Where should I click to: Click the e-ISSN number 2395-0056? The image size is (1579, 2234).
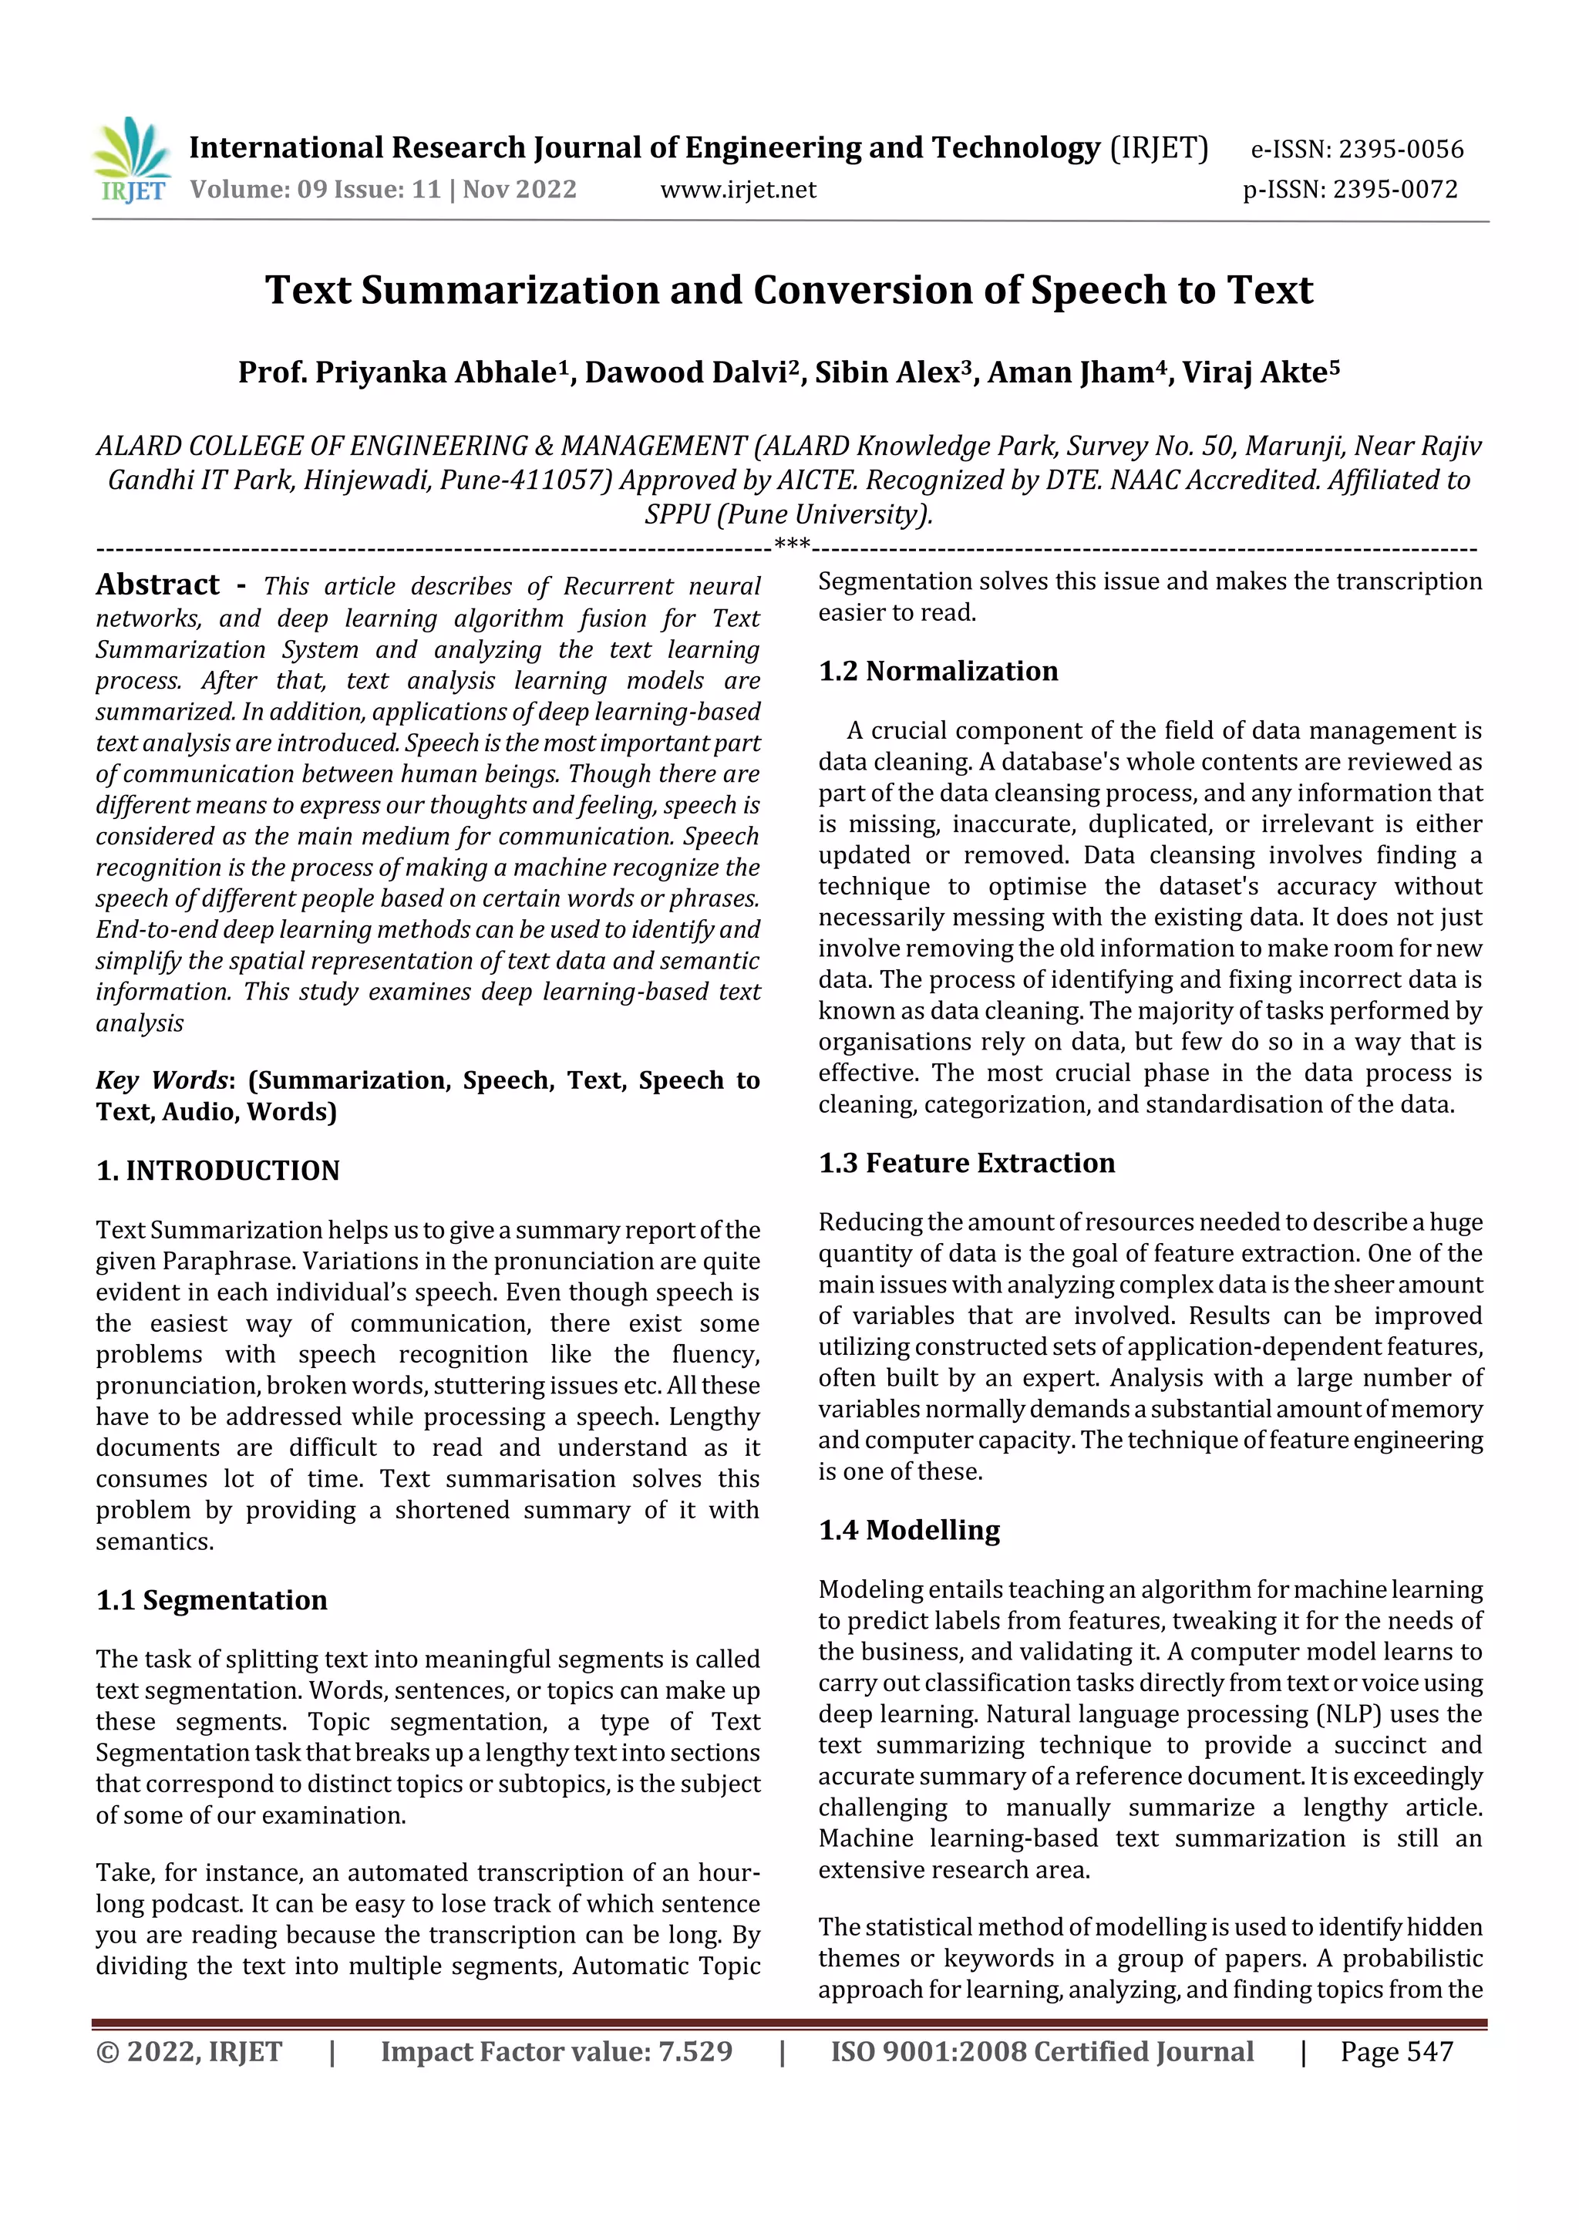pyautogui.click(x=1400, y=150)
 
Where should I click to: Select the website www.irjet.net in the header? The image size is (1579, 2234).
pyautogui.click(x=739, y=190)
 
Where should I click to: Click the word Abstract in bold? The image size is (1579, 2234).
pyautogui.click(x=157, y=585)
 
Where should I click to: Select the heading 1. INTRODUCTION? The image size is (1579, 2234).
pyautogui.click(x=218, y=1171)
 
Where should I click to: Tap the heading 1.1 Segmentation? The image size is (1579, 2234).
pyautogui.click(x=211, y=1601)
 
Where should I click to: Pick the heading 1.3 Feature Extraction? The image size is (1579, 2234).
pyautogui.click(x=966, y=1164)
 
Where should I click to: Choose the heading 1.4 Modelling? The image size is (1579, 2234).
pyautogui.click(x=909, y=1531)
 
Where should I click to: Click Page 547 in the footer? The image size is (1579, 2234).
pyautogui.click(x=1396, y=2052)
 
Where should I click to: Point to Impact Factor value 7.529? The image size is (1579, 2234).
pyautogui.click(x=557, y=2052)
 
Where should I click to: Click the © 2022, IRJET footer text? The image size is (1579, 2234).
pyautogui.click(x=189, y=2052)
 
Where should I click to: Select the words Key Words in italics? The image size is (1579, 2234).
pyautogui.click(x=161, y=1081)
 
